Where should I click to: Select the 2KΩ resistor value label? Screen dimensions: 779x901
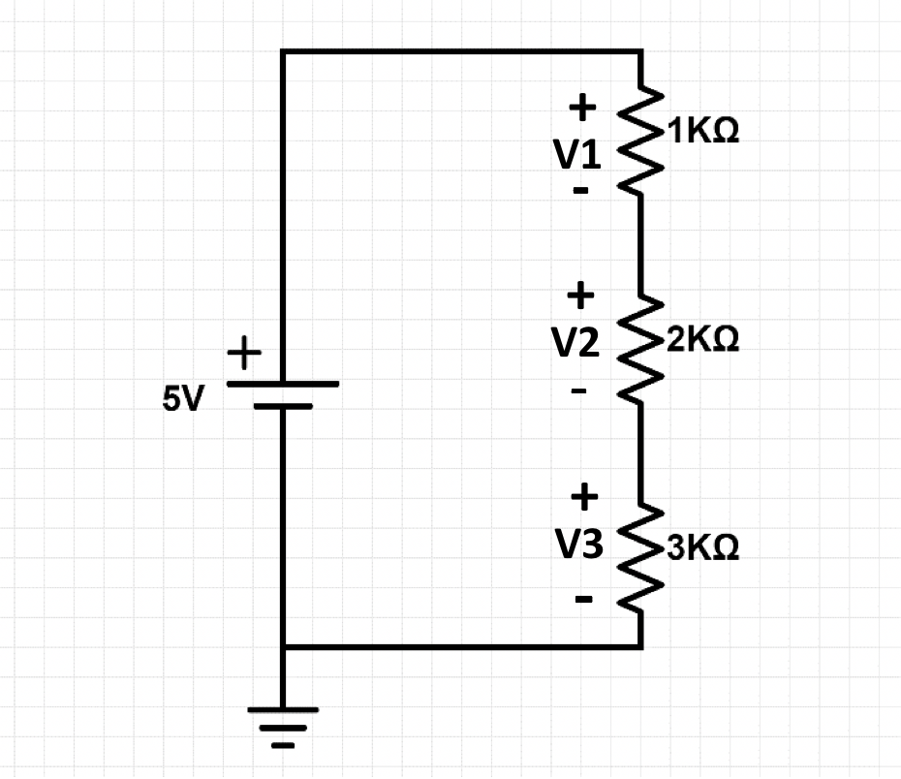pos(701,340)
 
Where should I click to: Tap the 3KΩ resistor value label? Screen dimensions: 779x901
pos(701,548)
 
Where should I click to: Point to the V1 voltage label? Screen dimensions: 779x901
pos(577,155)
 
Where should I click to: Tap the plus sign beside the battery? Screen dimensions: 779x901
pos(244,354)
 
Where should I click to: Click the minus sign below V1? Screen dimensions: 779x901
pos(580,191)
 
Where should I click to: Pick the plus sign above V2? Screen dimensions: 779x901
pos(580,292)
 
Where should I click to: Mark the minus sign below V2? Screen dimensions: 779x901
pos(579,392)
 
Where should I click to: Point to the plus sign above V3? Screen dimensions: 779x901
pos(583,497)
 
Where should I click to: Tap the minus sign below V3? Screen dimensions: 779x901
pos(583,599)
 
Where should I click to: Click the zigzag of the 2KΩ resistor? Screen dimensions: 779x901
pos(640,346)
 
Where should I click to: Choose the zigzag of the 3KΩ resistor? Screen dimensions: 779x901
pos(640,556)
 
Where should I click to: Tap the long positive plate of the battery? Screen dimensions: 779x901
pos(282,384)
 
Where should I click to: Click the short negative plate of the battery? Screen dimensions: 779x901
pos(282,407)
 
